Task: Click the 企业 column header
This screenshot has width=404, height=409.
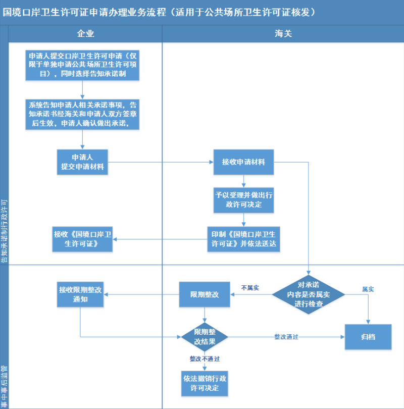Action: tap(85, 34)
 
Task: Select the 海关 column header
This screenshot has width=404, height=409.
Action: tap(283, 34)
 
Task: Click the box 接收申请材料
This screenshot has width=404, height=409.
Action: tap(243, 162)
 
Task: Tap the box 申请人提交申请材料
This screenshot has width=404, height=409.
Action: tap(82, 162)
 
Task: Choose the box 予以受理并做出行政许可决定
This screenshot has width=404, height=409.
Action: tap(243, 200)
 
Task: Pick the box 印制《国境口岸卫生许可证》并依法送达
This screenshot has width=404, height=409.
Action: tap(243, 239)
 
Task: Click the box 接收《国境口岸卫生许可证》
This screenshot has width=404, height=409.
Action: tap(82, 239)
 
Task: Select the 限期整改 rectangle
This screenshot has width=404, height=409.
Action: tap(205, 294)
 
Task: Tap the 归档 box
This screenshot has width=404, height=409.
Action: tap(368, 337)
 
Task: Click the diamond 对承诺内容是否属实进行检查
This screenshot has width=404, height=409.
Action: tap(309, 294)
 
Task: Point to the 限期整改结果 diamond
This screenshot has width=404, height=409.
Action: tap(205, 337)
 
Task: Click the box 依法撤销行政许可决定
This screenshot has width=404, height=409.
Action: tap(205, 383)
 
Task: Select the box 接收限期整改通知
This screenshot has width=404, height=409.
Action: tap(80, 294)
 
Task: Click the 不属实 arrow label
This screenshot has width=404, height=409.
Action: tap(250, 288)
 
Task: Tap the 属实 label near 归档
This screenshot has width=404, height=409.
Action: tap(368, 289)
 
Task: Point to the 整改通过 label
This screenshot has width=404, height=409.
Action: tap(286, 337)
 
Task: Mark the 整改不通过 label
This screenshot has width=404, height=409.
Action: tap(205, 359)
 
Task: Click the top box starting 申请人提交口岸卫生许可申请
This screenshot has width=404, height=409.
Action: tap(82, 65)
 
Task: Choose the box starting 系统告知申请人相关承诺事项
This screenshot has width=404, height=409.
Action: tap(82, 115)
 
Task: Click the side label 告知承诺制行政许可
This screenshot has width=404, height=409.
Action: tap(4, 231)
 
